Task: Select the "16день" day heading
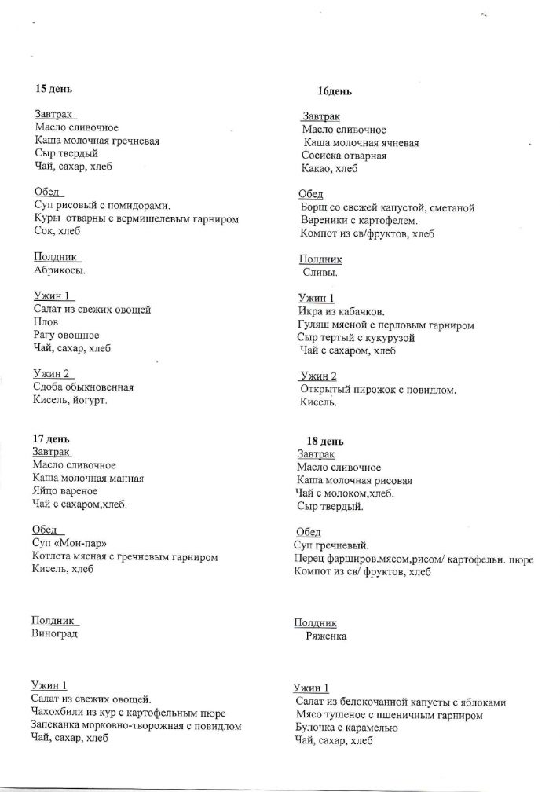pyautogui.click(x=335, y=91)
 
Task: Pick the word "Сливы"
pyautogui.click(x=320, y=273)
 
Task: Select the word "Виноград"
pyautogui.click(x=55, y=633)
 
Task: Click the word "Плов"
pyautogui.click(x=46, y=322)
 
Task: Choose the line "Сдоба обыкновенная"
pyautogui.click(x=83, y=387)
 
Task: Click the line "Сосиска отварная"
pyautogui.click(x=344, y=156)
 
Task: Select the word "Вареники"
pyautogui.click(x=324, y=221)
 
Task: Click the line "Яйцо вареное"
pyautogui.click(x=66, y=491)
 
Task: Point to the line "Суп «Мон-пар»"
pyautogui.click(x=69, y=544)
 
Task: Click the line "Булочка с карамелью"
pyautogui.click(x=346, y=728)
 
